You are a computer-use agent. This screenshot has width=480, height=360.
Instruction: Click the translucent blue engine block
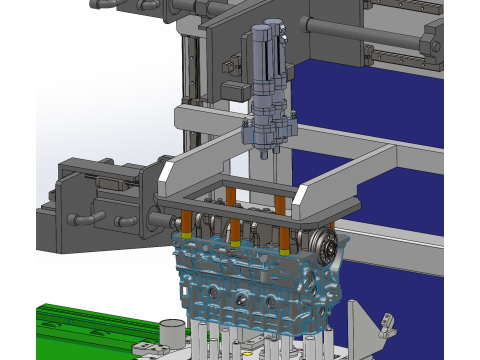[x=250, y=285]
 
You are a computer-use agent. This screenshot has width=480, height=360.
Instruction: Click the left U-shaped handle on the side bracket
[x=84, y=214]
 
